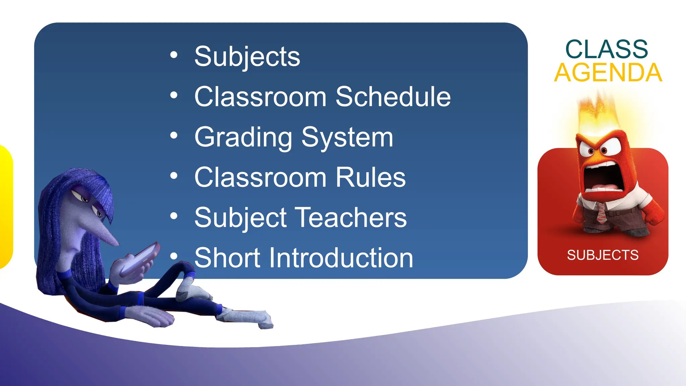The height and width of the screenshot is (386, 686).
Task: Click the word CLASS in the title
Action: (x=607, y=50)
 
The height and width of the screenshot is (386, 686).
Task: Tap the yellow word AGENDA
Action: (x=608, y=73)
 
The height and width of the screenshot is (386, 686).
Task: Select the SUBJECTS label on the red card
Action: (x=603, y=255)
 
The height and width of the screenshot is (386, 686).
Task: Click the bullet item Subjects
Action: (x=247, y=57)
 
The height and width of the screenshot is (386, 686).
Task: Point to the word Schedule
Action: (x=393, y=97)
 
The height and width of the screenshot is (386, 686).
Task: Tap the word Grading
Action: (x=244, y=138)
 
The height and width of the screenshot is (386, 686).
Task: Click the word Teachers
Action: (x=352, y=218)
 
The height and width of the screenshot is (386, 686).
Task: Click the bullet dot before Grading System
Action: (x=174, y=136)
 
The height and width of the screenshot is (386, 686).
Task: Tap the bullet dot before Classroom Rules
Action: (x=174, y=176)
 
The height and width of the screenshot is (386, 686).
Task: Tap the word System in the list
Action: (x=347, y=138)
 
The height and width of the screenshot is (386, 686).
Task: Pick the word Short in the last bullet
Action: (x=227, y=258)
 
